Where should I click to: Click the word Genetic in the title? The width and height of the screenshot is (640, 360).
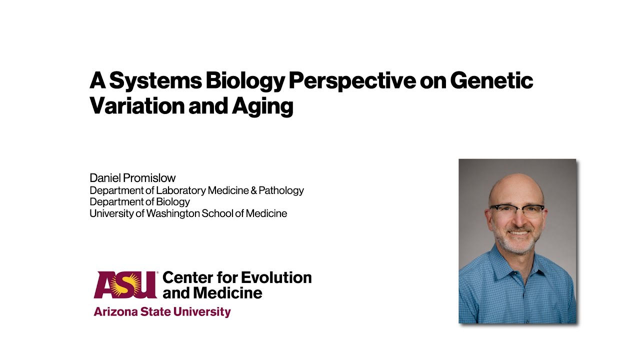491,81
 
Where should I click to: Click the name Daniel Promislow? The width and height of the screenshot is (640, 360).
132,177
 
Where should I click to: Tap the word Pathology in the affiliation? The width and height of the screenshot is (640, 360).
283,190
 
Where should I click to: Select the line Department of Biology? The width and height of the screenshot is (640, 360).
139,202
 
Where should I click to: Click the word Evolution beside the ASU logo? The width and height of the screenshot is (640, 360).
276,277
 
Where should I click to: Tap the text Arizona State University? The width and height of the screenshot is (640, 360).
162,312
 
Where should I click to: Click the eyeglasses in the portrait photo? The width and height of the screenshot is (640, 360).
517,210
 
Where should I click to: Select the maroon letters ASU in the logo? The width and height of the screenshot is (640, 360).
125,284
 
